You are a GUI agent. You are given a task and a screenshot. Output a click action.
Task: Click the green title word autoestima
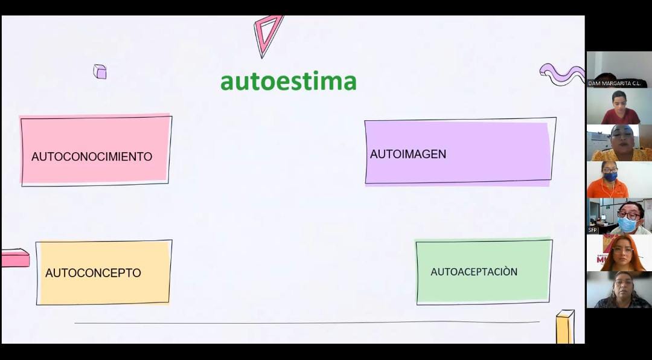[288, 81]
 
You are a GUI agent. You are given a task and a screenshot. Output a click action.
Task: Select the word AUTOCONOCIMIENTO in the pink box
[92, 156]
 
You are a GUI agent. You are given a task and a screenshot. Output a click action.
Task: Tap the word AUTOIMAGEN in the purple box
[408, 154]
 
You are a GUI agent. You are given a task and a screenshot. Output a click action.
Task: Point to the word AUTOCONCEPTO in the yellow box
[93, 273]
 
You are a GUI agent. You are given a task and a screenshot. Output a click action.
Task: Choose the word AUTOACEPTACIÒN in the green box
[474, 272]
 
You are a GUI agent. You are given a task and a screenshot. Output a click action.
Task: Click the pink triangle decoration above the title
[267, 34]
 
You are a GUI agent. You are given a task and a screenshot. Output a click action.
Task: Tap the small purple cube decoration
[100, 71]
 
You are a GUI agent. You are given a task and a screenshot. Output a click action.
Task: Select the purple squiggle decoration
[561, 74]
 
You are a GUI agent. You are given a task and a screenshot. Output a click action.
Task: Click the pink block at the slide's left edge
[14, 258]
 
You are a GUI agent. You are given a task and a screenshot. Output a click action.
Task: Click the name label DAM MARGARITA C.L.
[614, 83]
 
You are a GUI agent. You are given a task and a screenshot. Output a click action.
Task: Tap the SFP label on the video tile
[593, 230]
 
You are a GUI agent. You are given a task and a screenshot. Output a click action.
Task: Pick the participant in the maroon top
[619, 108]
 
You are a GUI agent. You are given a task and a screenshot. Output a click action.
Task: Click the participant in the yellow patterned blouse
[621, 143]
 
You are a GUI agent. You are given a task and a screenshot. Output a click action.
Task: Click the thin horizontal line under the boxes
[307, 323]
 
